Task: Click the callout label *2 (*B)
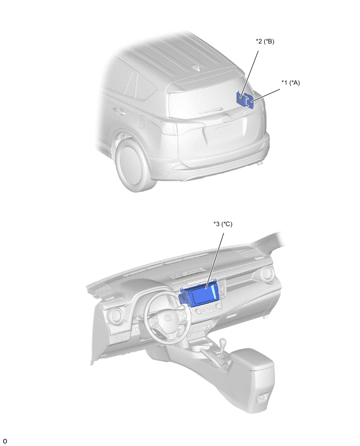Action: point(265,41)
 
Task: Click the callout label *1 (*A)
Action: point(290,83)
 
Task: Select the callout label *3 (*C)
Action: point(223,224)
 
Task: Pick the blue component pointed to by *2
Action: point(240,98)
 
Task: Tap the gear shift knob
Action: point(223,341)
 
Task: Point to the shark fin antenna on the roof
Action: point(197,68)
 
